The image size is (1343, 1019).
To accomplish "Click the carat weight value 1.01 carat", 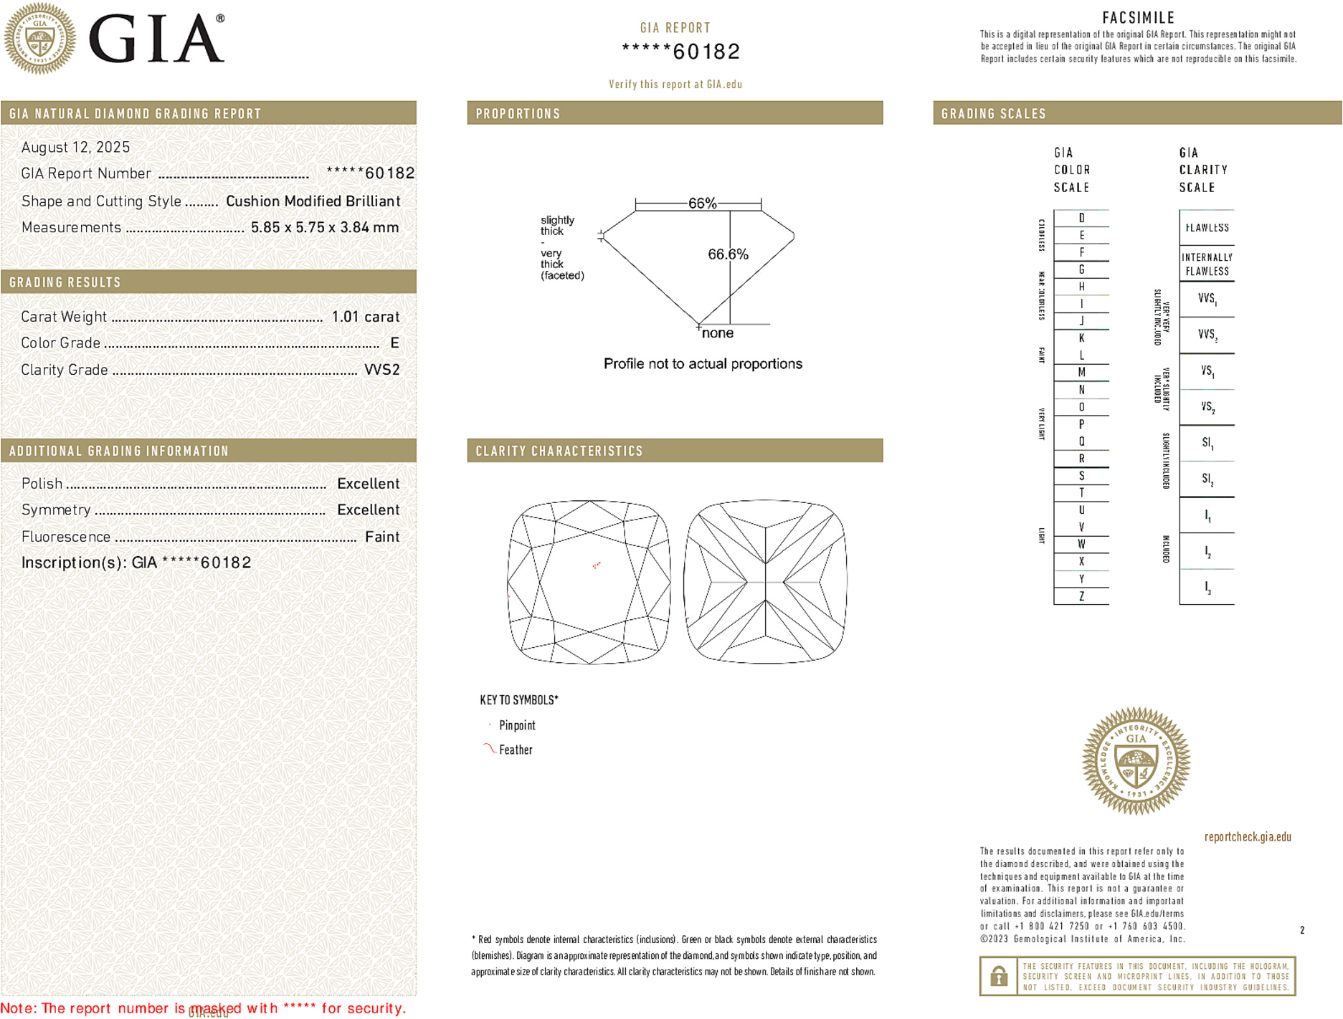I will click(x=365, y=317).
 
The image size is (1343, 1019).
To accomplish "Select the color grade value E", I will click(x=394, y=343).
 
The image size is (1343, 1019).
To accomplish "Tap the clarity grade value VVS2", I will click(x=381, y=370).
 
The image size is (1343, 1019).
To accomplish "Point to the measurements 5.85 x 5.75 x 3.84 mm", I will click(x=324, y=228).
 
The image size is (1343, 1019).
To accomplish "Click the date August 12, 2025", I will click(x=75, y=148).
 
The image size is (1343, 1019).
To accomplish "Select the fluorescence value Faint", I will click(x=381, y=537).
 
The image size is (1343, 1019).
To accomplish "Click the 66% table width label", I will click(x=702, y=204).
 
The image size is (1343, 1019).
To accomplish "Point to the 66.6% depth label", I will click(x=728, y=254).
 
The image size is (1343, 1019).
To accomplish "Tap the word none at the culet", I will click(x=717, y=333).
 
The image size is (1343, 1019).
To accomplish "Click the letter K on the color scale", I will click(x=1081, y=338).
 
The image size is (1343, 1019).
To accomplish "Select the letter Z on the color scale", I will click(x=1081, y=596).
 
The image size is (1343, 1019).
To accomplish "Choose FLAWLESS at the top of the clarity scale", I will click(x=1207, y=228).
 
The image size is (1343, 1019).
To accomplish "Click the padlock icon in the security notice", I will click(x=998, y=976).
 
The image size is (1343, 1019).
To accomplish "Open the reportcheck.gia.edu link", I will click(x=1248, y=837).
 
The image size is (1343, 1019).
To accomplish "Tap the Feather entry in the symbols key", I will click(x=516, y=750).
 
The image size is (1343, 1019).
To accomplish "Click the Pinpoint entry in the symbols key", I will click(x=517, y=726).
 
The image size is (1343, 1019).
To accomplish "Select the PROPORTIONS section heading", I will click(x=518, y=114).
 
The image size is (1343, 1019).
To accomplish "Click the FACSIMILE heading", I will click(x=1138, y=18).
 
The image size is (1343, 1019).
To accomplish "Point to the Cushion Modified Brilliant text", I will click(x=313, y=201).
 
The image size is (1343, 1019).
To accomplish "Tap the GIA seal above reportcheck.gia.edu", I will click(x=1136, y=761).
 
